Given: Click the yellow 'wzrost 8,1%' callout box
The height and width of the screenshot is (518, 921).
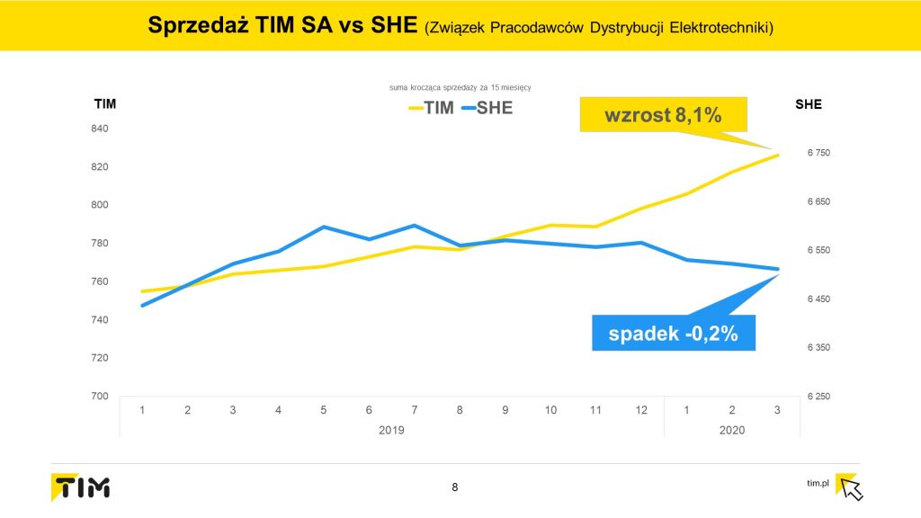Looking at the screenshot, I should coord(664,115).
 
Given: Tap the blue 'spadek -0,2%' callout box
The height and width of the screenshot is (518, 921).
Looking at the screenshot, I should coord(673,334).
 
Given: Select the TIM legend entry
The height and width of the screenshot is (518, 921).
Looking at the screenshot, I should coord(430,109).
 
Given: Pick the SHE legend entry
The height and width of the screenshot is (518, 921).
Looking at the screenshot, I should coord(487,109).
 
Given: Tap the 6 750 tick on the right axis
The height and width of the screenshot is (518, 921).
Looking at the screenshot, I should coord(818,153).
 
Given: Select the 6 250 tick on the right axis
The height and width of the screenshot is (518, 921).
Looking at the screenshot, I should coord(818,397).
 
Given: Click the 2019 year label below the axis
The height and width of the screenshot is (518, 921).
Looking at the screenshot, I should coord(391,431).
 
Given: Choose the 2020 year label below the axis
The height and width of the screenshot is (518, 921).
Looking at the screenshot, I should coord(733,431).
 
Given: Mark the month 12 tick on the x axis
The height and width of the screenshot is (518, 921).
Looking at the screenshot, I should coord(641,410).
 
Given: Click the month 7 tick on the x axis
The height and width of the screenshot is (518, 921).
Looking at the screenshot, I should coord(414,410).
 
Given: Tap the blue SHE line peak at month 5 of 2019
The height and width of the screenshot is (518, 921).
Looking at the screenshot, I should coord(323,227).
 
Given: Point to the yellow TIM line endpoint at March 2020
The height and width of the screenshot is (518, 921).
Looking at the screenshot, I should coord(778,155).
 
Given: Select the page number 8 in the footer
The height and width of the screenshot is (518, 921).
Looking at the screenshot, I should coord(454,487).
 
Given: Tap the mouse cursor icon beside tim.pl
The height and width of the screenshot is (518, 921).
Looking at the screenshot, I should coord(850,487).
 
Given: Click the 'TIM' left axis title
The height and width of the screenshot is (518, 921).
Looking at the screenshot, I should coord(105,104).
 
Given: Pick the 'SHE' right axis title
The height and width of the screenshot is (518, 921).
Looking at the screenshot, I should coord(809,104).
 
